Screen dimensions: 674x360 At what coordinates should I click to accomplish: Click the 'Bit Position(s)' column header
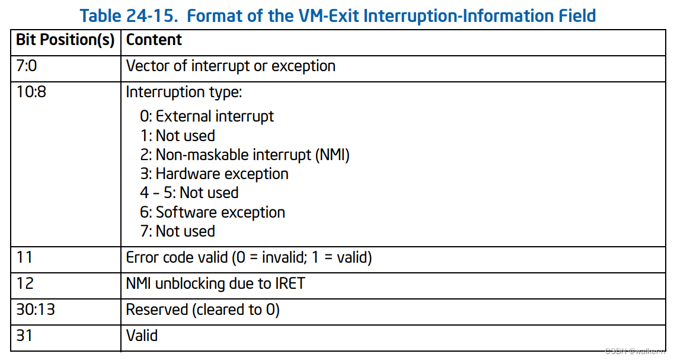click(x=65, y=40)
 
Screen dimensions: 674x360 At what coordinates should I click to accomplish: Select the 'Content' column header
click(x=154, y=40)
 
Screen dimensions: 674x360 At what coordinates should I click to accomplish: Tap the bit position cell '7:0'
click(x=27, y=66)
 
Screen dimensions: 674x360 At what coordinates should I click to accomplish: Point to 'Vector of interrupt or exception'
click(x=231, y=66)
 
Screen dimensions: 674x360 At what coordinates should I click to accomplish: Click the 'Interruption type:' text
click(x=184, y=93)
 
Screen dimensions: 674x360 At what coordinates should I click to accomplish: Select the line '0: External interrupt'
click(x=207, y=116)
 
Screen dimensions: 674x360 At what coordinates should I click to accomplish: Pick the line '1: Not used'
click(x=177, y=135)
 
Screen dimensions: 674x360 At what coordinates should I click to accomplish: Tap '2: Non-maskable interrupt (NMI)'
click(x=245, y=155)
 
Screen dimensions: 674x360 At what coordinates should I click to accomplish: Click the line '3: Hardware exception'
click(x=214, y=174)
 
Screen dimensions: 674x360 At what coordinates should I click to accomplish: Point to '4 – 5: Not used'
click(x=189, y=193)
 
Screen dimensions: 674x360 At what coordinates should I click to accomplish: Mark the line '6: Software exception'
click(x=212, y=212)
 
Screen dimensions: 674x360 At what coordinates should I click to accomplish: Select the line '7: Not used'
click(x=177, y=231)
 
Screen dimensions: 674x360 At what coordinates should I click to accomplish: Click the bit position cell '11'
click(x=24, y=258)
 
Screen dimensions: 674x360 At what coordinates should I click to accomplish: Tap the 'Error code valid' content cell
click(x=249, y=258)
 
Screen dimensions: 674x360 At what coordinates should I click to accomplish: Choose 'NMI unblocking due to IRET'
click(x=216, y=283)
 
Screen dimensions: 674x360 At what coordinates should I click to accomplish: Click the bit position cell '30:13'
click(x=36, y=310)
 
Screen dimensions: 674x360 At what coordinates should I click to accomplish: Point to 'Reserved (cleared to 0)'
click(x=203, y=310)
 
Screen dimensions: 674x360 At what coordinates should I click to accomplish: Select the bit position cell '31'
click(x=24, y=336)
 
